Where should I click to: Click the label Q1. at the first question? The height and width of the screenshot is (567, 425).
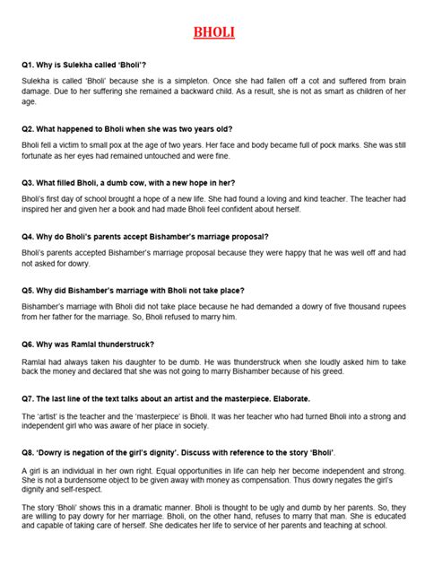(x=32, y=67)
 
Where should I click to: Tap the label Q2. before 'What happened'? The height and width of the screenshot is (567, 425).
(x=32, y=127)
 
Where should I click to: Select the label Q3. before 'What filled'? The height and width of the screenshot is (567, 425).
(x=32, y=181)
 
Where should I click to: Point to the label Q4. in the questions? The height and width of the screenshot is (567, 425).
(x=32, y=237)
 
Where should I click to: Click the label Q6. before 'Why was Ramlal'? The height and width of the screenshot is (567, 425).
(x=32, y=344)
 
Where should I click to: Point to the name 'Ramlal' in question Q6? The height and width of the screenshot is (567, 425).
(x=98, y=344)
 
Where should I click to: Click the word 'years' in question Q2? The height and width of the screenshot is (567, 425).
(x=214, y=127)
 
